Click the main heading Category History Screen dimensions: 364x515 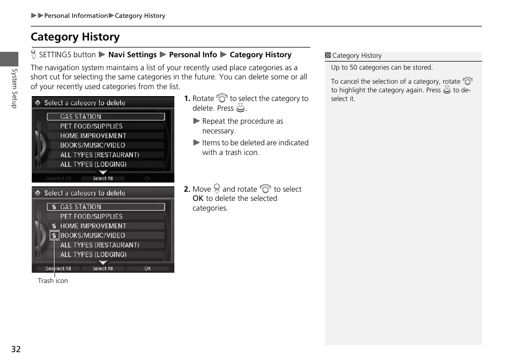75,37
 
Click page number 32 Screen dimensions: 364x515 16,349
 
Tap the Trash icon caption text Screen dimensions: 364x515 53,281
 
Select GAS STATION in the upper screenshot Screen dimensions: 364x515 80,117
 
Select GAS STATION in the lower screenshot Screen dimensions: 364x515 80,207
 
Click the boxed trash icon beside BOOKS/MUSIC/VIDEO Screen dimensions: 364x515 54,235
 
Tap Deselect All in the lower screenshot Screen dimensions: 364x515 58,268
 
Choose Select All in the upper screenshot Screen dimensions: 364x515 103,178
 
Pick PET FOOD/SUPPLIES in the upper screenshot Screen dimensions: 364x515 91,126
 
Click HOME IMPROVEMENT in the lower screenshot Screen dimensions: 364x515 93,226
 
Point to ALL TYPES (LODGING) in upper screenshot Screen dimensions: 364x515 93,164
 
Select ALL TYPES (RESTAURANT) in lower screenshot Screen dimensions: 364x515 99,245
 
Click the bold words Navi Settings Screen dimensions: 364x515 132,55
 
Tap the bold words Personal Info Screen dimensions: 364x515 193,55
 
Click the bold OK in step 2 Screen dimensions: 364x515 198,199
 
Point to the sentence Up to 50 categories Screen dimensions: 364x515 382,68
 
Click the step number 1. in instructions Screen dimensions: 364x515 187,99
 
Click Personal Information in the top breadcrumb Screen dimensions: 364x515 76,16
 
